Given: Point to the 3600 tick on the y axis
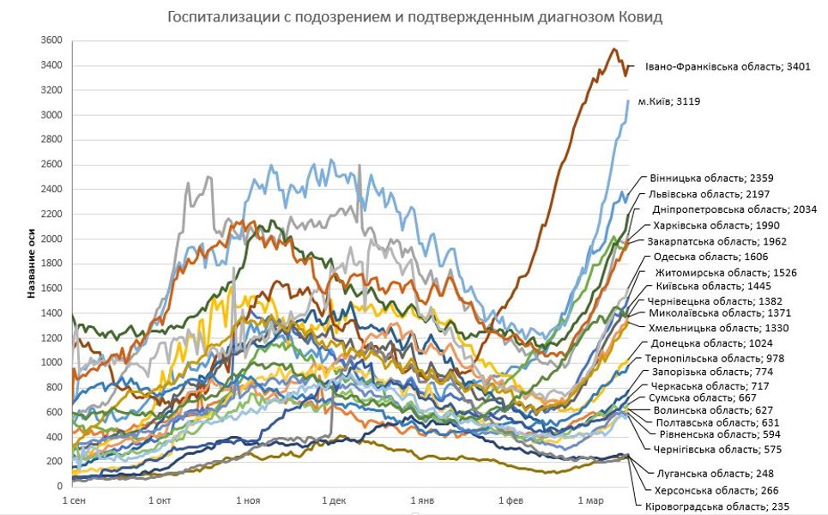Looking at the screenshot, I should click(51, 40).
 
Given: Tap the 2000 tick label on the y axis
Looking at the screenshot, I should click(51, 239).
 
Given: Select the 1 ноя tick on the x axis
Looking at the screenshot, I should click(246, 499).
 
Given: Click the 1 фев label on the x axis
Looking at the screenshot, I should click(510, 499).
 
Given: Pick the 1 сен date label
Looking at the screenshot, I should click(72, 499).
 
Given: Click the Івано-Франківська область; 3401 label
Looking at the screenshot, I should click(727, 65).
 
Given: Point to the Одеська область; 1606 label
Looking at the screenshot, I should click(710, 257).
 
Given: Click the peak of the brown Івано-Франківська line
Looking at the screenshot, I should click(613, 49).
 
